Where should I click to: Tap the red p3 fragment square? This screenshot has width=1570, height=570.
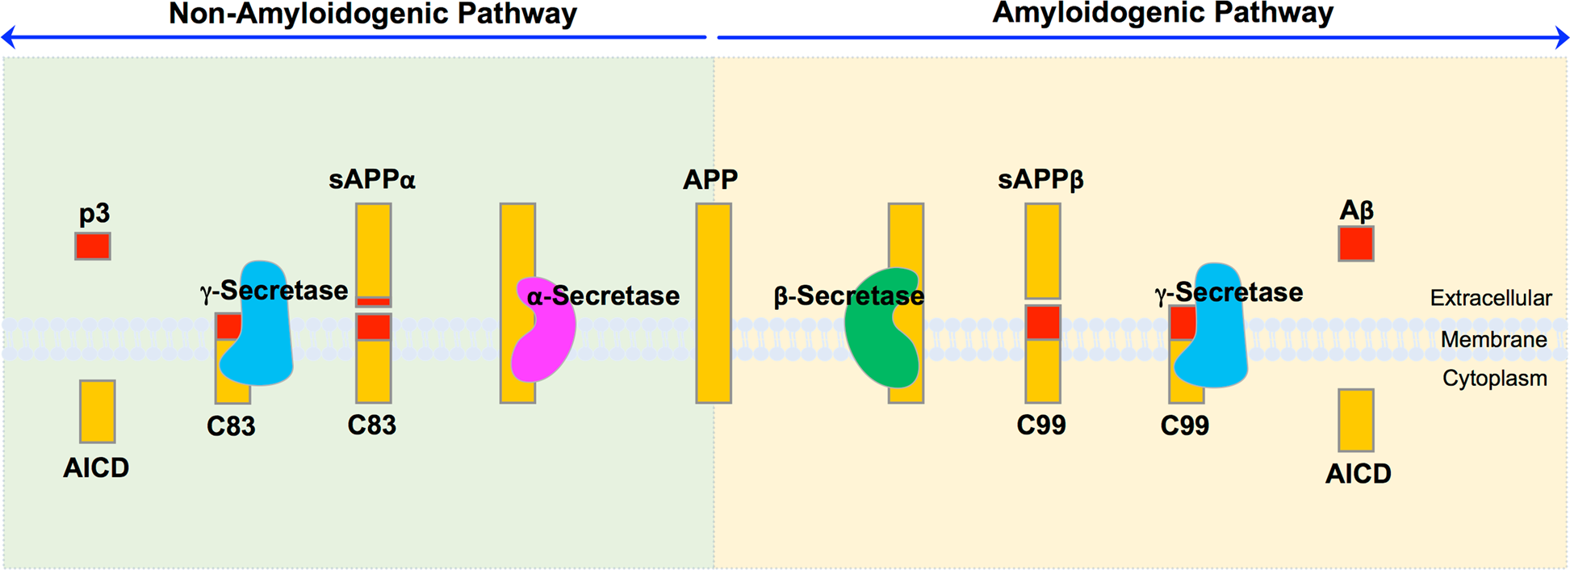point(93,246)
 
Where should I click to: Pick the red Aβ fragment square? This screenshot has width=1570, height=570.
point(1355,244)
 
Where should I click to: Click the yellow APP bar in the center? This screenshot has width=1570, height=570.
point(714,303)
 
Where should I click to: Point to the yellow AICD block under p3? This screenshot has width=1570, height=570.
point(97,411)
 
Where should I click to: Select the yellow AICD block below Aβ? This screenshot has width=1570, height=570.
point(1355,420)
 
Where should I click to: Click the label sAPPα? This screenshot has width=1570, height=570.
point(371,179)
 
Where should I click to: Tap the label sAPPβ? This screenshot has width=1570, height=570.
point(1040,179)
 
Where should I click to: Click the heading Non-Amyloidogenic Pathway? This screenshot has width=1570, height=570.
point(372,14)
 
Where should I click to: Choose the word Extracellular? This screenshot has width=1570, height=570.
point(1490,298)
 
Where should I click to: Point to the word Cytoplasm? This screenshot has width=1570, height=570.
point(1494,378)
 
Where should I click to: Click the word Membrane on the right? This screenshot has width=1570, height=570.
point(1493,339)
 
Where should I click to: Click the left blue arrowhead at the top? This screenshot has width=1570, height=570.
point(8,37)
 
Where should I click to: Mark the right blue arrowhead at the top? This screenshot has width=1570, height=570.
point(1562,37)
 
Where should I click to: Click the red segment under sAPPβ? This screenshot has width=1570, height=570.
point(1042,322)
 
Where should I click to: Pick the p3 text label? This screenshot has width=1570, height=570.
point(94,214)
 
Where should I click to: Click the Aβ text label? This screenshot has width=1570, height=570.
point(1356,211)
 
